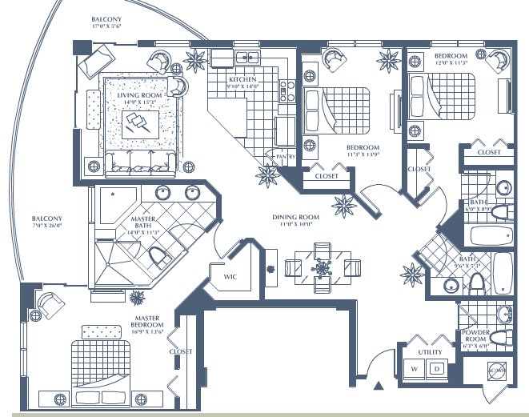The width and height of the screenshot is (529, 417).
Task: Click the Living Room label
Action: pos(139,96)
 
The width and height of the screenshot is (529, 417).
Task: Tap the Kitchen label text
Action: pos(242,80)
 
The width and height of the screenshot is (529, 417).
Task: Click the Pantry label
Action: pos(281,156)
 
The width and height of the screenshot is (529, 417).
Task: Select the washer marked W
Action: pos(415,369)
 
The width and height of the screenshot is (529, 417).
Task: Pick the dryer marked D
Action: pos(436,369)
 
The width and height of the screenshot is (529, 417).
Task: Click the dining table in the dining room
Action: pos(323,267)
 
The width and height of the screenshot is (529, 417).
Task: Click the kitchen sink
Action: pos(246,58)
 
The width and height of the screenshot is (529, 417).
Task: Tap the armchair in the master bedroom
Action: pos(49,303)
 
